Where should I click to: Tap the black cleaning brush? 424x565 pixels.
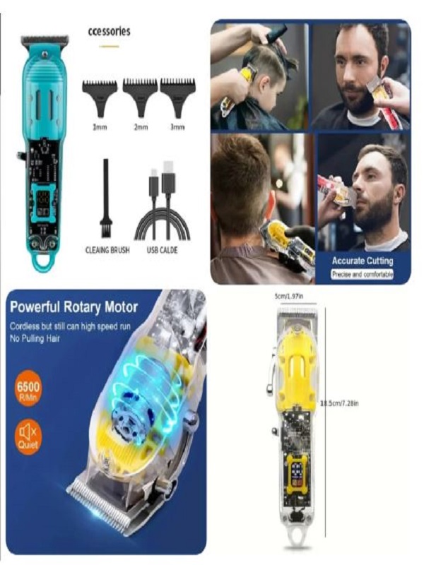pos(105,198)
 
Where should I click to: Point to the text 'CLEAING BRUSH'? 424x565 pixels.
pos(106,249)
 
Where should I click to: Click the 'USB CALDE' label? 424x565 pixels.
pos(163,249)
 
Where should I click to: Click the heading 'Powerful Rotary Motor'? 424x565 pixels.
pos(74,307)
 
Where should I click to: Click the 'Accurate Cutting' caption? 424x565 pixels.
pos(363,261)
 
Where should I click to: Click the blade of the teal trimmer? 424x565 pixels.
pos(45,40)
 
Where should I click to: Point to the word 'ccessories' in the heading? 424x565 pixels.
pos(109,32)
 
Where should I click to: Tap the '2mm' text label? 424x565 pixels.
pos(140,127)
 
